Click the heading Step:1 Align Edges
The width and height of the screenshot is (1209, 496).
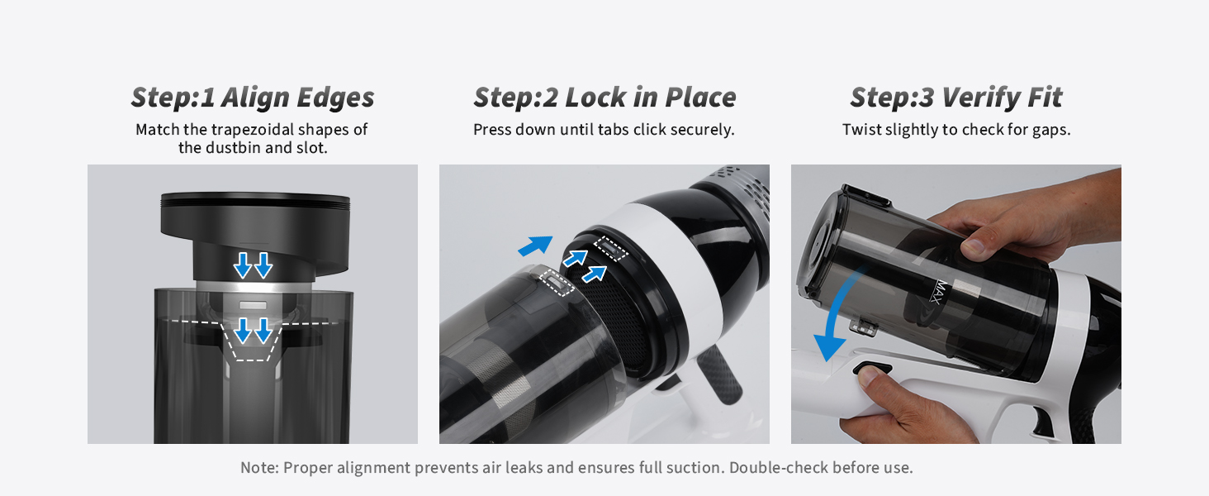tap(253, 98)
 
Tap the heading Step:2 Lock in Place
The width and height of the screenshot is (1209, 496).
tap(604, 98)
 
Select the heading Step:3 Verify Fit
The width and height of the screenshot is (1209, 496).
tap(955, 98)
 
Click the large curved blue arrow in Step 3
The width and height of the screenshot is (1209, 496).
tap(837, 313)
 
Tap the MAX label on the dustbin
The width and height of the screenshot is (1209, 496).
tap(941, 293)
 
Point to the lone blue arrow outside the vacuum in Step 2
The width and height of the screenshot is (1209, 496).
tap(535, 246)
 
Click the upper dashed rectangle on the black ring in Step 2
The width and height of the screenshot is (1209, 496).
tap(610, 249)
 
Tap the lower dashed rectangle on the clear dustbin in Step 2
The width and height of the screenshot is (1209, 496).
tap(557, 282)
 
